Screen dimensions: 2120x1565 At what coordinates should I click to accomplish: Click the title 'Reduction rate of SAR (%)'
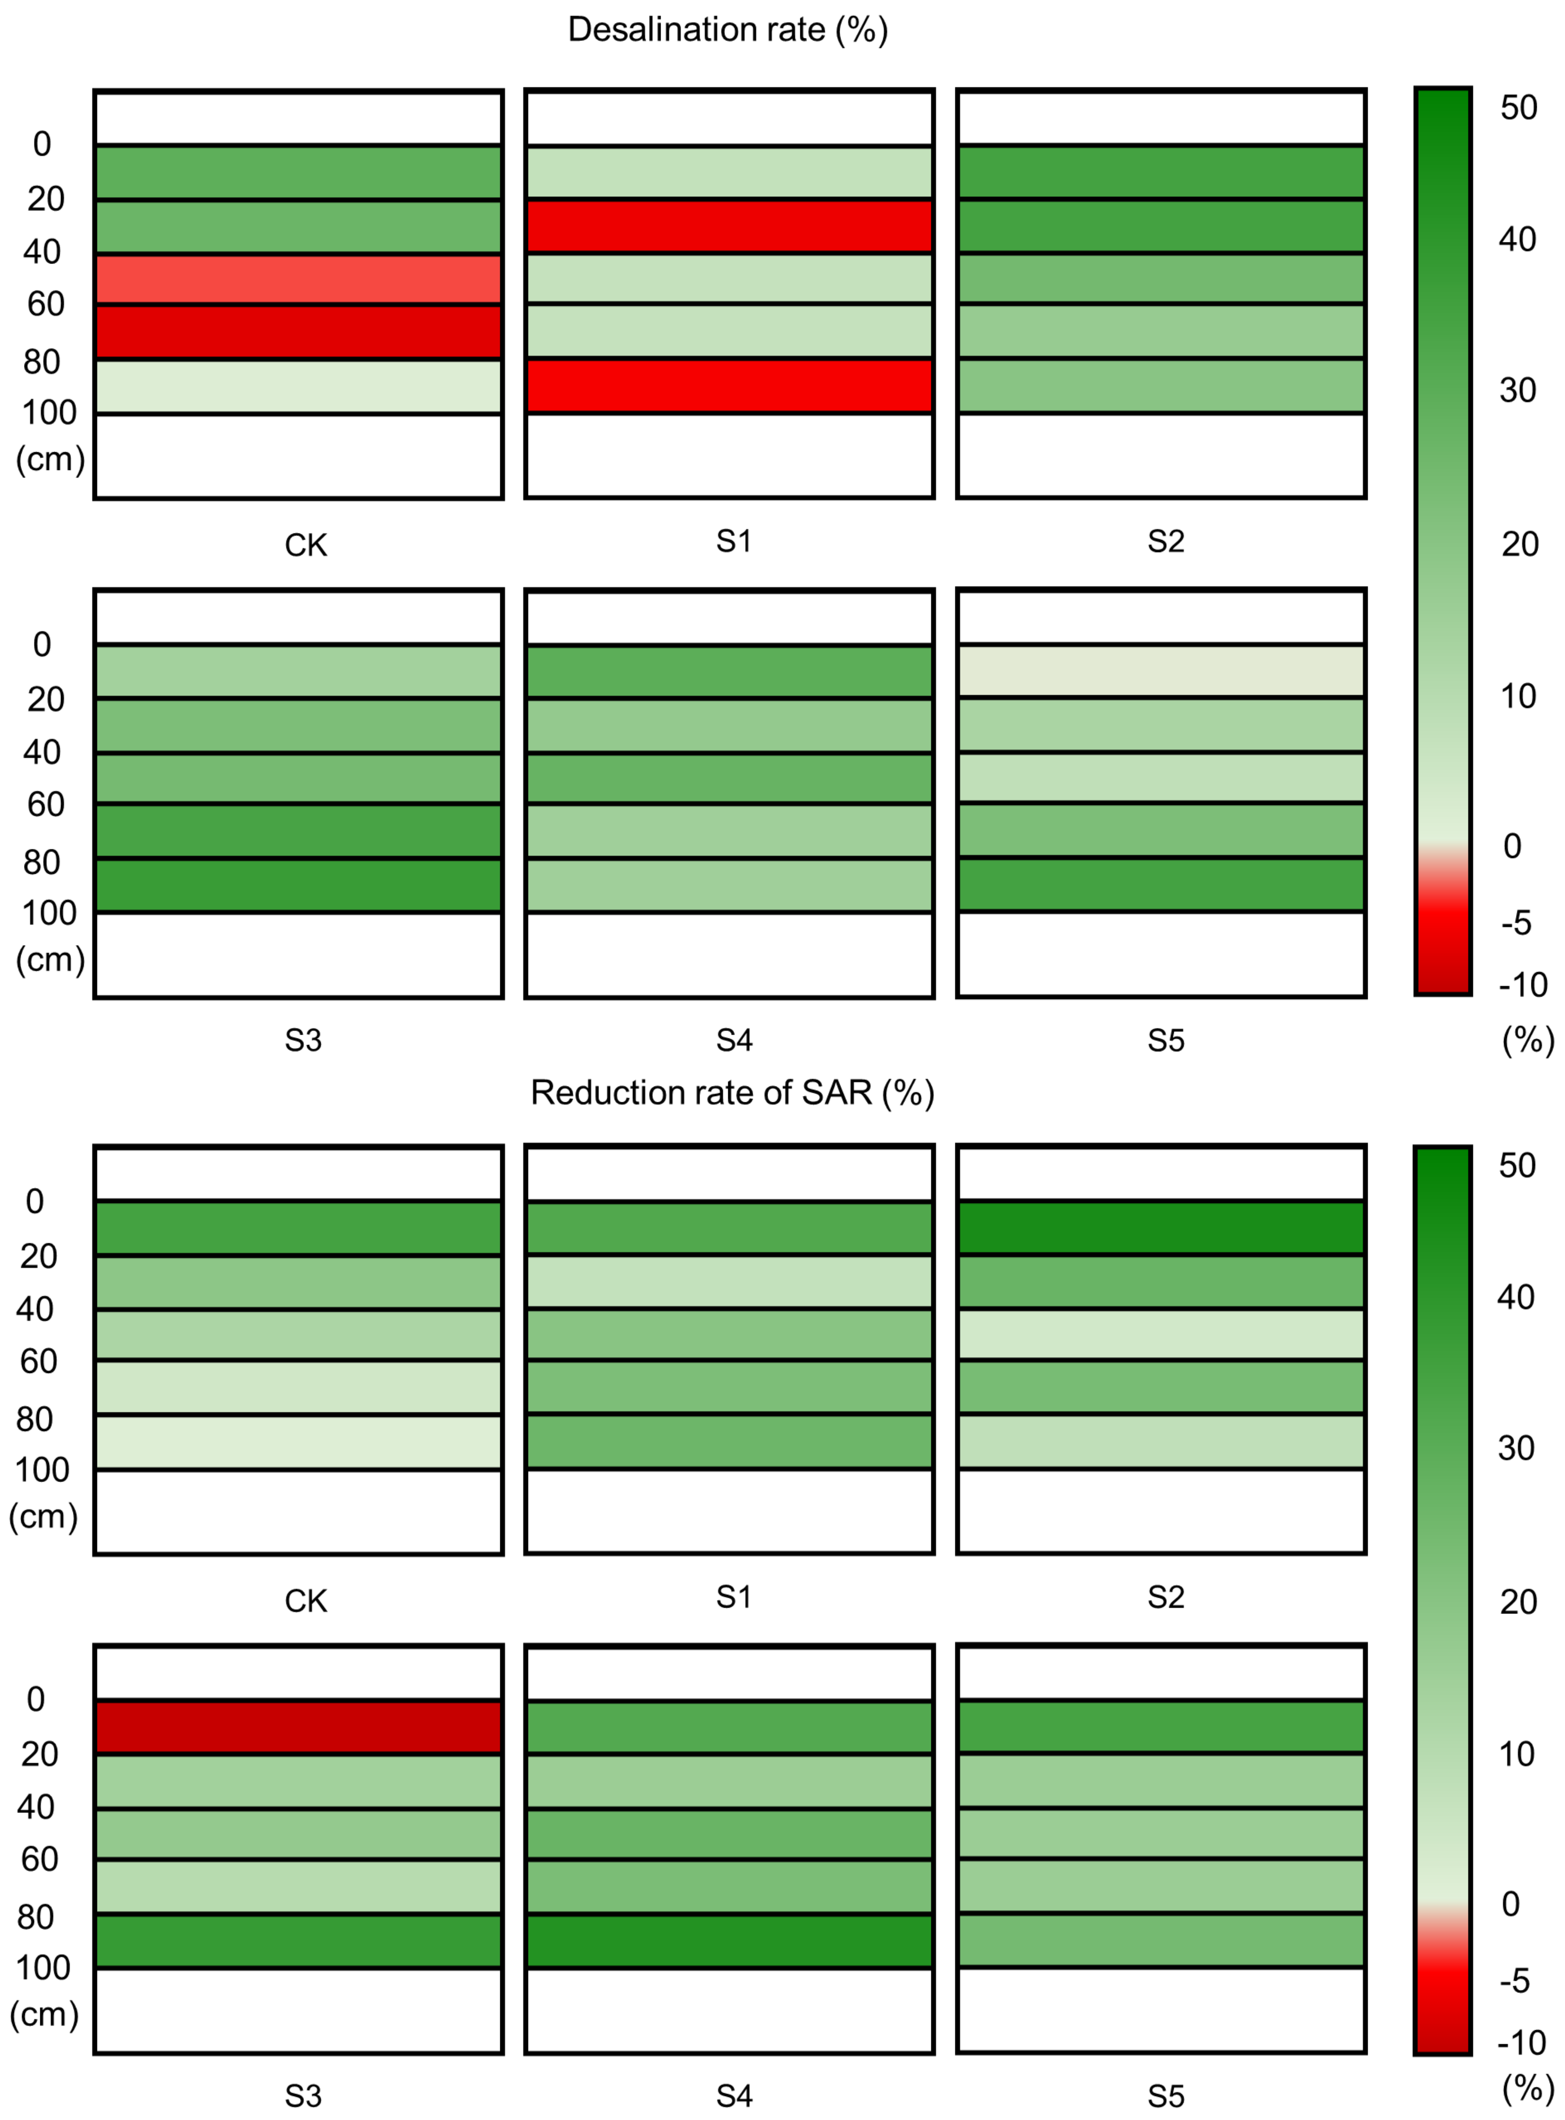(x=731, y=1092)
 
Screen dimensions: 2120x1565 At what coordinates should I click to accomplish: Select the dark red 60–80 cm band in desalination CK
(x=299, y=332)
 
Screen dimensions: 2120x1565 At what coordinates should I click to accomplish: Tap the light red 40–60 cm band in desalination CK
(x=299, y=279)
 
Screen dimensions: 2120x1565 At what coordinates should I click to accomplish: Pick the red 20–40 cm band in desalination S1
(x=729, y=226)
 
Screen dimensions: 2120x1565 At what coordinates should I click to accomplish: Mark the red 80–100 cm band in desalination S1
(x=729, y=385)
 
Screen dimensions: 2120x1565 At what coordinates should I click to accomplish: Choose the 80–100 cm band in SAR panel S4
(x=729, y=1940)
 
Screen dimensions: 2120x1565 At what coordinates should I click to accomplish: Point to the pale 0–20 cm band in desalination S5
(x=1161, y=671)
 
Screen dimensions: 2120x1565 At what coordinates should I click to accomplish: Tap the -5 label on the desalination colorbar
(x=1516, y=923)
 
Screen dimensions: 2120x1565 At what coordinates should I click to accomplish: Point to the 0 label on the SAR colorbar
(x=1511, y=1904)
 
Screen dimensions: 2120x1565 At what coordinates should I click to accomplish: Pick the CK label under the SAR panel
(x=305, y=1601)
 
